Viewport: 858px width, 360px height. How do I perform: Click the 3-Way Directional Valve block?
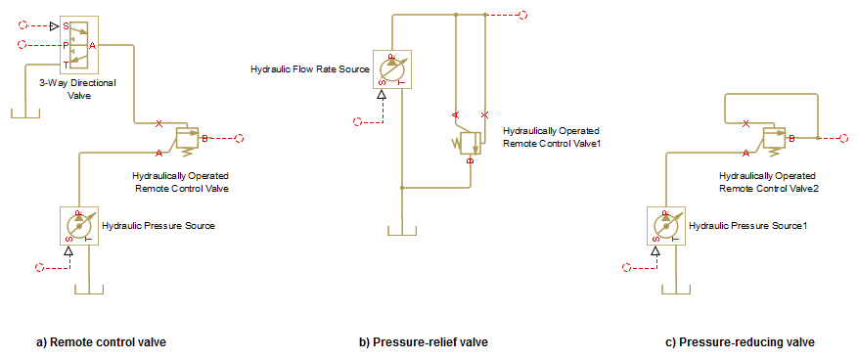[79, 45]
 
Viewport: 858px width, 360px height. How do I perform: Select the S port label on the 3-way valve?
[66, 25]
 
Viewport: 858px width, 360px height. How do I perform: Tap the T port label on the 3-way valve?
[66, 65]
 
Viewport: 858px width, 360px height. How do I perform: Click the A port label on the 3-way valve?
[93, 46]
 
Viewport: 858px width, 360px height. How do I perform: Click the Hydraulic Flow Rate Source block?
[392, 69]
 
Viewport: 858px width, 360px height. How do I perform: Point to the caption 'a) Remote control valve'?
[101, 342]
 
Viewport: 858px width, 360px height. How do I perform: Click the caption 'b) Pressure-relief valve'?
[423, 342]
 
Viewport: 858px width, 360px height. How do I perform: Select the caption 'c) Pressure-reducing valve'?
[740, 342]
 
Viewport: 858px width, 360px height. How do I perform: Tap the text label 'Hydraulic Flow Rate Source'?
[310, 69]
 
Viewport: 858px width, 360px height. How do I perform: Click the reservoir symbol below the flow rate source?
[402, 230]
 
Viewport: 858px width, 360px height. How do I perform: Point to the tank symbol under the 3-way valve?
[25, 112]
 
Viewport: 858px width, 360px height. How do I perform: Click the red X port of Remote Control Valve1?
[484, 114]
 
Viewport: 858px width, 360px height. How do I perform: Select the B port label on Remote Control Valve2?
[790, 139]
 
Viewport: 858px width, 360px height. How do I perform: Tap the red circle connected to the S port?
[23, 25]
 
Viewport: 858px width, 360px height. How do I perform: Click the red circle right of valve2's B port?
[845, 138]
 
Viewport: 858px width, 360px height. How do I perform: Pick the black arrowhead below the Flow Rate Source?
[382, 95]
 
